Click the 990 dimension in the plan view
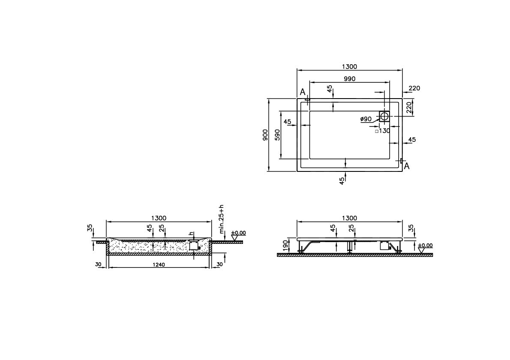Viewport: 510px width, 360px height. point(349,78)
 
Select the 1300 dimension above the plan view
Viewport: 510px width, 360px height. point(349,66)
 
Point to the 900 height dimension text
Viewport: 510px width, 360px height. point(265,135)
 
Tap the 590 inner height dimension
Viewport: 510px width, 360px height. point(277,135)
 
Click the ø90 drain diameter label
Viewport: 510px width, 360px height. point(366,119)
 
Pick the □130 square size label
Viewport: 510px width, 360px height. point(382,131)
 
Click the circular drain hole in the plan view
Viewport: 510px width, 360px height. point(384,116)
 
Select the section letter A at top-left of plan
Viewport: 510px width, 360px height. point(302,92)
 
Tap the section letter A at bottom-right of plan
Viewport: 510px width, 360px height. point(407,166)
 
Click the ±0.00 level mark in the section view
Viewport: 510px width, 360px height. point(238,233)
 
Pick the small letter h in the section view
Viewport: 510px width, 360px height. point(191,234)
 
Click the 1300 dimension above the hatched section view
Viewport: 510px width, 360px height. point(159,218)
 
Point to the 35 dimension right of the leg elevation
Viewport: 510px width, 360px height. point(411,228)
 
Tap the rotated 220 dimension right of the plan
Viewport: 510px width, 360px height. point(409,107)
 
